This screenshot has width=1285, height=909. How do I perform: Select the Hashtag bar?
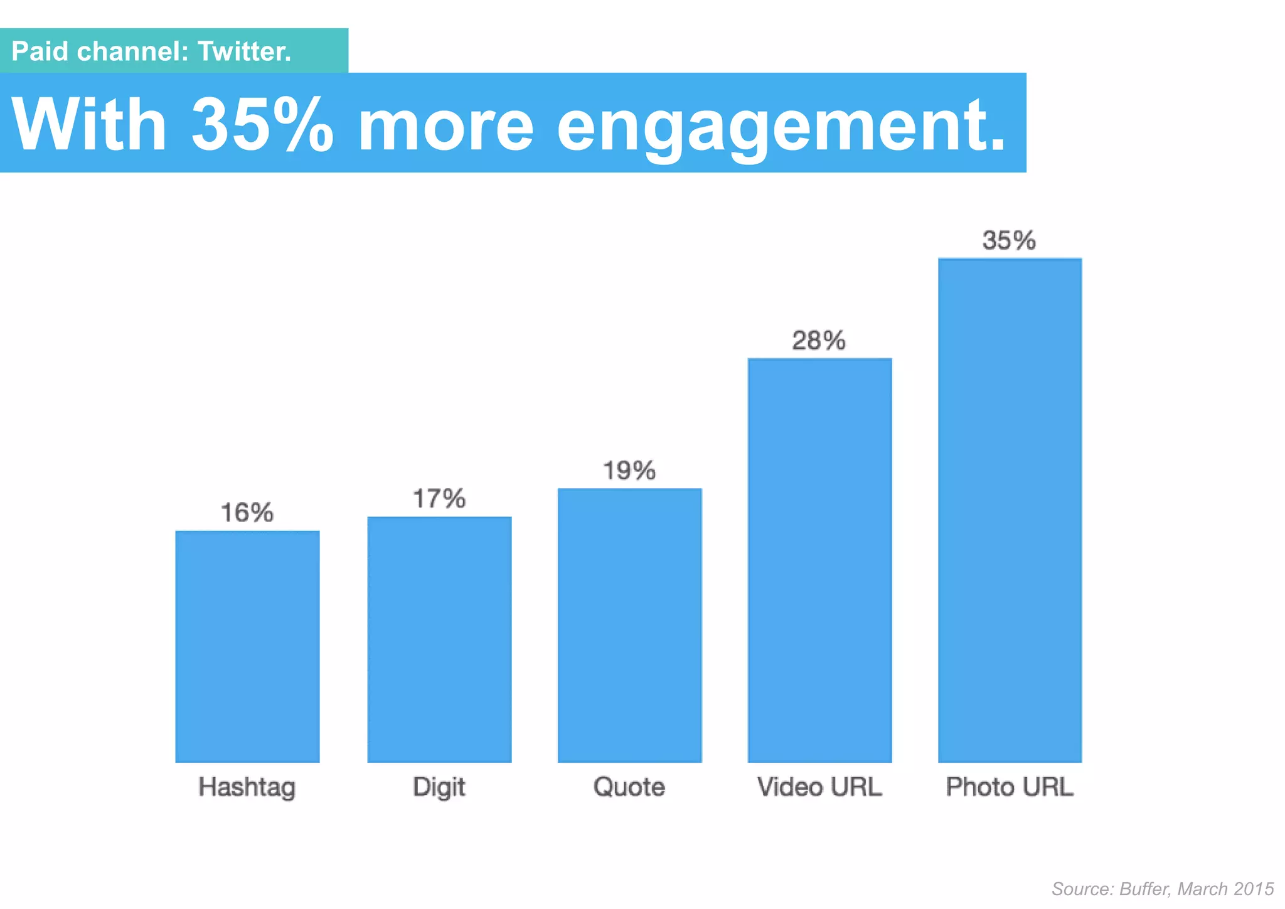click(x=247, y=646)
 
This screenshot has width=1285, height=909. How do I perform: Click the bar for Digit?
click(x=439, y=639)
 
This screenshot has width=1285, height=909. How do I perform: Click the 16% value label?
click(x=247, y=513)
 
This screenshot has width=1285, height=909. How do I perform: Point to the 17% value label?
click(x=439, y=499)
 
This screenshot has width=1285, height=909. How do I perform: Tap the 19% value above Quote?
click(x=629, y=470)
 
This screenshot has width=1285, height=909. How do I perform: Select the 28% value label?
click(x=819, y=341)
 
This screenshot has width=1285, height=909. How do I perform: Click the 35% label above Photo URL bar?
click(x=1009, y=240)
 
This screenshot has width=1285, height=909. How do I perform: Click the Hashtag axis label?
click(x=247, y=787)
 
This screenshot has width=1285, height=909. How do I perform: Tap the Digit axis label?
click(x=439, y=787)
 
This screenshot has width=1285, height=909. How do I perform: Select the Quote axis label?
click(x=629, y=787)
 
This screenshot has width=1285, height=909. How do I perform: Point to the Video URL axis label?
click(x=819, y=787)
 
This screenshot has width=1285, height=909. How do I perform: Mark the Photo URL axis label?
click(x=1010, y=787)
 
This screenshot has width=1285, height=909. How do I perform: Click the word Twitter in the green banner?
click(x=244, y=51)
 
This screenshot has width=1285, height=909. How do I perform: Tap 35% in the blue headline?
click(x=262, y=124)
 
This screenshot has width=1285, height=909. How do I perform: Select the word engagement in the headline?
click(x=781, y=125)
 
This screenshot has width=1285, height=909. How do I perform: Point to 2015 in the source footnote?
click(x=1253, y=889)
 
